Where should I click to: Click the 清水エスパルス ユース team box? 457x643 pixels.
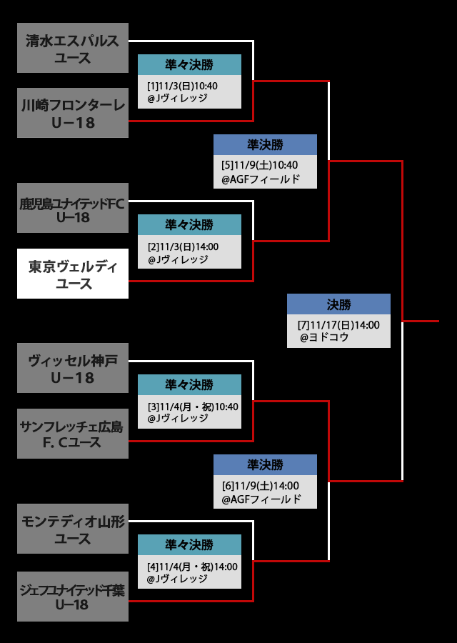[x=72, y=48]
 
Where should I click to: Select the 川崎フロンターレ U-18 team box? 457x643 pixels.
[x=72, y=113]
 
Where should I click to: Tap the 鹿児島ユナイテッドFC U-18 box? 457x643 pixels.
[x=72, y=208]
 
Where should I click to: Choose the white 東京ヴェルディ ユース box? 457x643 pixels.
[x=72, y=274]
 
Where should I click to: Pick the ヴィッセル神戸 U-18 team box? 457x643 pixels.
[x=72, y=368]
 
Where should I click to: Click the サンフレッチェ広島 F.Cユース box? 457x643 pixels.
[x=72, y=434]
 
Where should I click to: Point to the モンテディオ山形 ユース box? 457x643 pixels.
[x=72, y=529]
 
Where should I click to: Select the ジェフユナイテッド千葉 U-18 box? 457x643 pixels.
[x=72, y=597]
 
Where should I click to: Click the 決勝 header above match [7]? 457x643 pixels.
[x=338, y=304]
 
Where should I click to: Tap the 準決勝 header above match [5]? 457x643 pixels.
[x=265, y=145]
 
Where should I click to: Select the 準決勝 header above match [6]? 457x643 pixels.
[x=265, y=465]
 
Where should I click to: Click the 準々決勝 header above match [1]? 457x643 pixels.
[x=189, y=65]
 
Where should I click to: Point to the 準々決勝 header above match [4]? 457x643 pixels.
[x=189, y=545]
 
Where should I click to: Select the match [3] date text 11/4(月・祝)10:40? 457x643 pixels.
[x=193, y=407]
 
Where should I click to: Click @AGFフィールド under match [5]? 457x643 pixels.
[x=261, y=179]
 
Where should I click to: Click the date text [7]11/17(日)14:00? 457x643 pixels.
[x=338, y=325]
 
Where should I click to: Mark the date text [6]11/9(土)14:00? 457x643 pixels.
[x=260, y=486]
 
